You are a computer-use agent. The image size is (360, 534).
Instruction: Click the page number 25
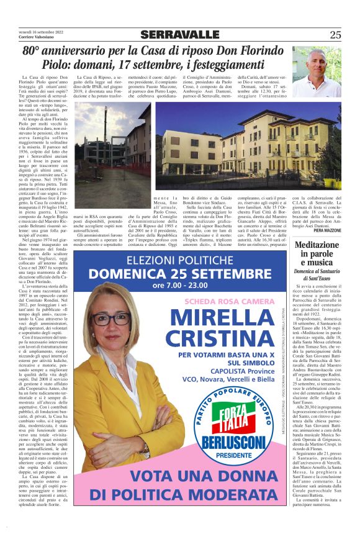point(335,35)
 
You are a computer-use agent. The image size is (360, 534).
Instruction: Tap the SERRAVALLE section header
point(179,35)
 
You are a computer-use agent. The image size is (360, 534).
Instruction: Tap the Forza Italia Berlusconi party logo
point(234,428)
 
